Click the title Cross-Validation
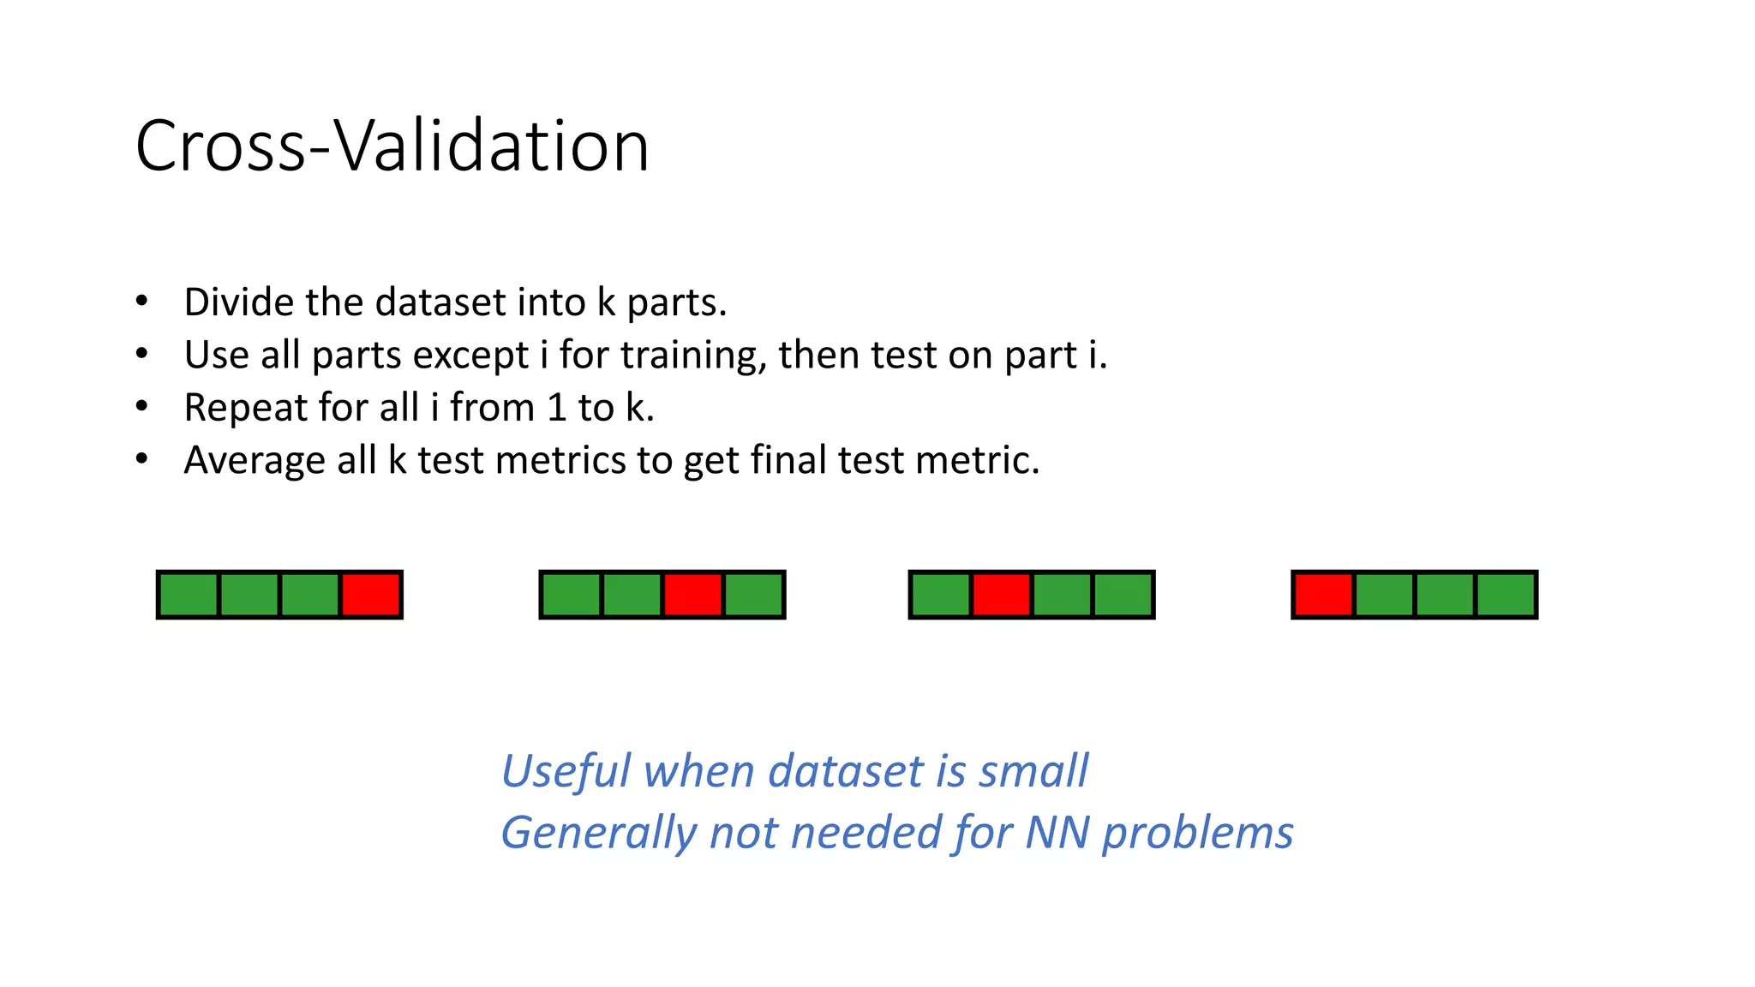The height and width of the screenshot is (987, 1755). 392,146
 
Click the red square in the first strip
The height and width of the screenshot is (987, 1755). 371,595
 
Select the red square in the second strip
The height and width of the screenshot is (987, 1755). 692,595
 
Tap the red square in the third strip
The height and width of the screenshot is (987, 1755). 1001,595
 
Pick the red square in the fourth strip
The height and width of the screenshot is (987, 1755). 1323,595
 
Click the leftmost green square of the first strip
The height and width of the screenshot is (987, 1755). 189,595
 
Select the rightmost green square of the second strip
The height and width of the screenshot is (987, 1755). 753,595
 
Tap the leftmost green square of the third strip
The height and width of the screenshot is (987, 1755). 940,595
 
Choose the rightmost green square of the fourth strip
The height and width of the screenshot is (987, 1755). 1506,595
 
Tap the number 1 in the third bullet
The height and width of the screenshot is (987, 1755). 556,408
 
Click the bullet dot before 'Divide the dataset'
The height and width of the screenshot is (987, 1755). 142,302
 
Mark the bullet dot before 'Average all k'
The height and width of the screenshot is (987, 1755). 142,459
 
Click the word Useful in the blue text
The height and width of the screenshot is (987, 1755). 566,770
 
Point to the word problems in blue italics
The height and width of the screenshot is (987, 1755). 1197,834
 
